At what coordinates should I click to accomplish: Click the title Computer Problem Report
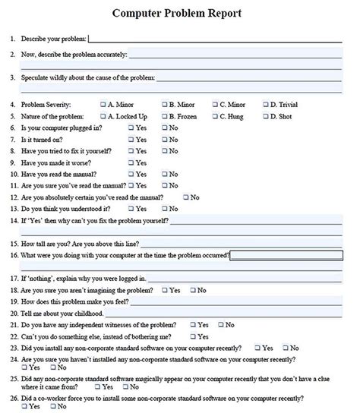tap(177, 13)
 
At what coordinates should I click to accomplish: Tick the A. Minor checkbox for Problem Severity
tap(103, 104)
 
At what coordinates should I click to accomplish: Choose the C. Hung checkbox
tap(215, 116)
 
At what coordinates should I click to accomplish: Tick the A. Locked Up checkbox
tap(103, 116)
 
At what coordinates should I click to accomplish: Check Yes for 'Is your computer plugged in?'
tap(131, 128)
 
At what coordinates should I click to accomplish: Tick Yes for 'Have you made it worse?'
tap(131, 162)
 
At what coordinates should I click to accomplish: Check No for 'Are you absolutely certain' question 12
tap(185, 197)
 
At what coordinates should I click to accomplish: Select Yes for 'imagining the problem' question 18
tap(164, 290)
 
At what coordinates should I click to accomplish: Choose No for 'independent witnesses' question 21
tap(219, 325)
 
